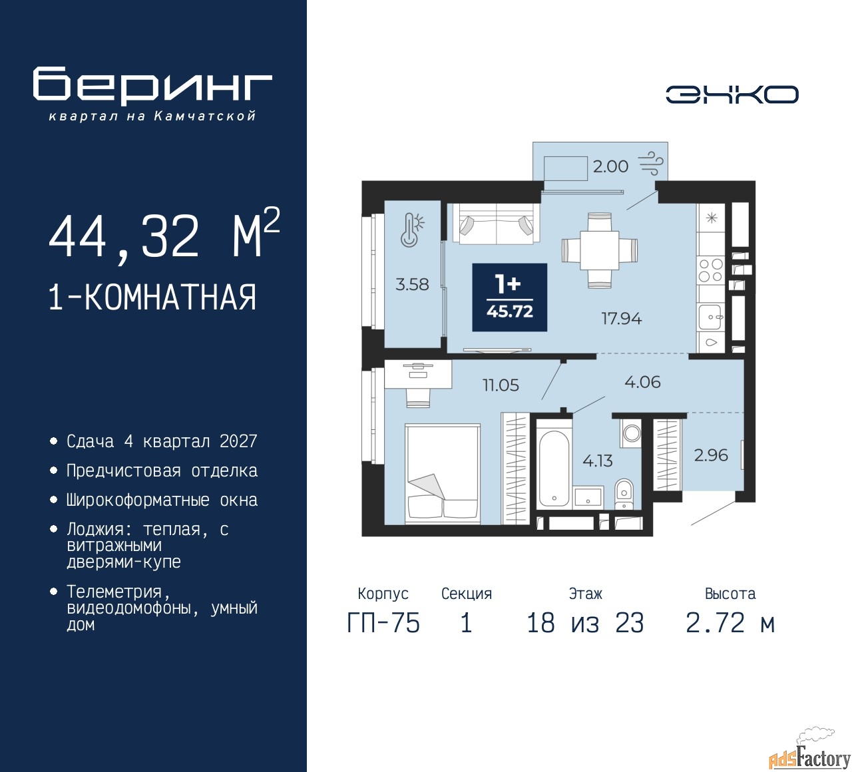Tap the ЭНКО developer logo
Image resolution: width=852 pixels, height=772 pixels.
732,94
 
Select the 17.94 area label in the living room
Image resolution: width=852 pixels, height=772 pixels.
622,319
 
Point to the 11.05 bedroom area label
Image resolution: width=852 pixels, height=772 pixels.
501,385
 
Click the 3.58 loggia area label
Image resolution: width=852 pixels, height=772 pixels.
412,284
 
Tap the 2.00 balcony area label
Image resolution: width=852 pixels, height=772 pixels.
610,166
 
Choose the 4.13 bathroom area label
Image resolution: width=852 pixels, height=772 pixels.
598,461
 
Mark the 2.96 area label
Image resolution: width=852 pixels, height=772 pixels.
711,455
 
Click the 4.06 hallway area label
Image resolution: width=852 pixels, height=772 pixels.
642,382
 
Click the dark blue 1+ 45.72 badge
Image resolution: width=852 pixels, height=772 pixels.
510,297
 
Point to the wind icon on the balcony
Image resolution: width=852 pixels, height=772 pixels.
650,164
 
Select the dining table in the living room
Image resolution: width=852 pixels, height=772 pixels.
600,250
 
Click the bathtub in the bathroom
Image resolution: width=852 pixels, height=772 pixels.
554,468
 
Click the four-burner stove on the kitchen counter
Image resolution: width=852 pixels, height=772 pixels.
711,270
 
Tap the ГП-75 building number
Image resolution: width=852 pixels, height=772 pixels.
383,624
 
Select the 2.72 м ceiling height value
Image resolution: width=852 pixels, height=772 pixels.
730,624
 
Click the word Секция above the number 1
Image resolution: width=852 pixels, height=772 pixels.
467,593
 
